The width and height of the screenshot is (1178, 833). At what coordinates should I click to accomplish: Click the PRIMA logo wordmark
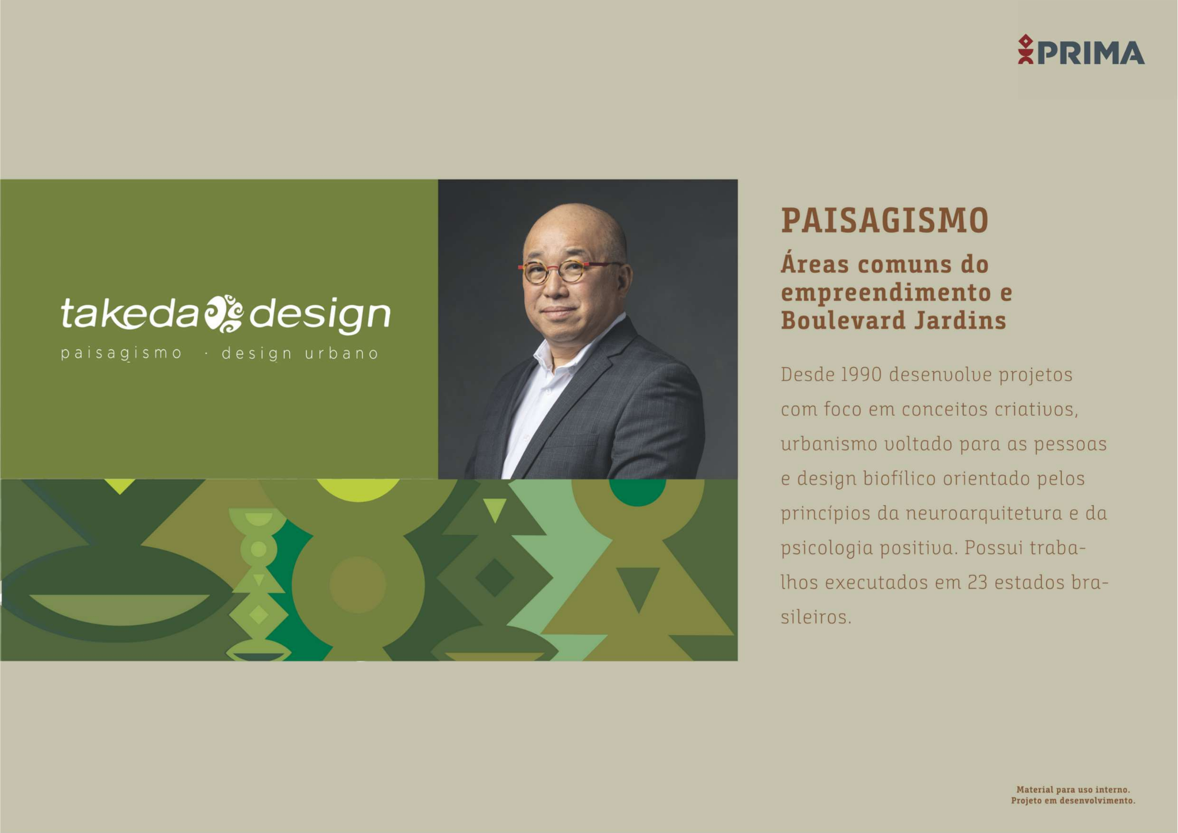[1091, 52]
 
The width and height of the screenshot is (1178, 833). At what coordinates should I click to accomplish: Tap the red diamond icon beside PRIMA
[1025, 42]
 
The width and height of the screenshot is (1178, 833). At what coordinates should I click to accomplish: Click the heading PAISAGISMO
[885, 220]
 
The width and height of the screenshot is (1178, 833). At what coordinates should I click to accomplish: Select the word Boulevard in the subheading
[843, 320]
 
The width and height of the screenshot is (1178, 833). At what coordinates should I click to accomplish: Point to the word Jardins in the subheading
[961, 320]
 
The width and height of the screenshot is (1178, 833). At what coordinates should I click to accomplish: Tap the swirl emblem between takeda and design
[224, 313]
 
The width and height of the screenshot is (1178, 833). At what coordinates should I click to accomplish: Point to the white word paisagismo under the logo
[121, 353]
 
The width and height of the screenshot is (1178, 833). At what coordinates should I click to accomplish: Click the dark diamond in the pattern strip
[494, 578]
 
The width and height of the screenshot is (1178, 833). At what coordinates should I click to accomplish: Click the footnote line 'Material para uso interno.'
[1073, 789]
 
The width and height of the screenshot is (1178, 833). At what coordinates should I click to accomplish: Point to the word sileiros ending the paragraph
[816, 617]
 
